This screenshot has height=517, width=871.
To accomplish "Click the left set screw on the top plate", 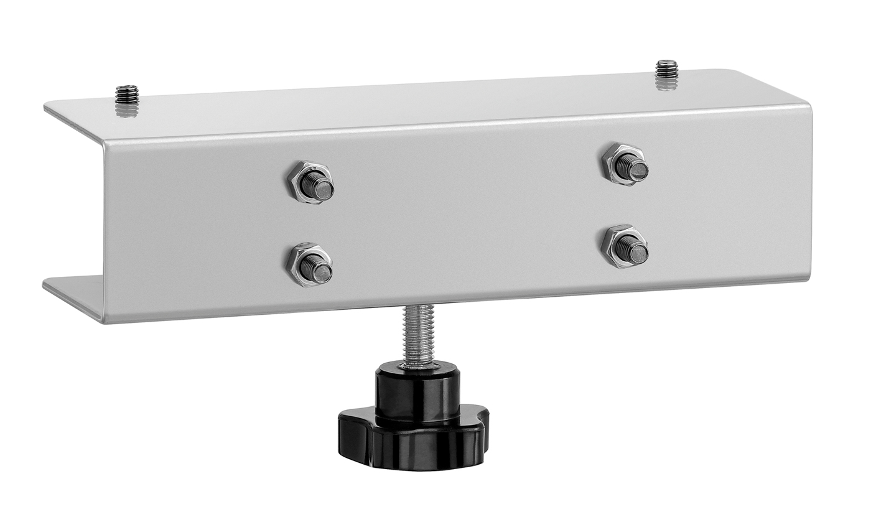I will click(126, 94).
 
